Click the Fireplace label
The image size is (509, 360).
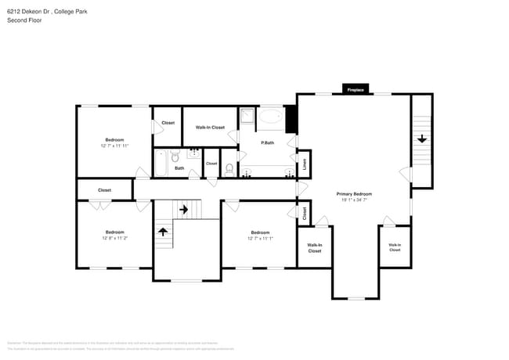356,90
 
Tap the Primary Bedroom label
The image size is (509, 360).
354,193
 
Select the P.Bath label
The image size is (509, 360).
268,142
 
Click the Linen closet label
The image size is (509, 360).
305,164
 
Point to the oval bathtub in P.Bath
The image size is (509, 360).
271,118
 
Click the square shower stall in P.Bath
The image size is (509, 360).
247,117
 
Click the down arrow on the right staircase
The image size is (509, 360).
422,139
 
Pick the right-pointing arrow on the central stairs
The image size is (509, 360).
185,209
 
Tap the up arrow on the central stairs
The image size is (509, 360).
164,231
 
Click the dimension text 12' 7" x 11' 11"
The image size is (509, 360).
114,146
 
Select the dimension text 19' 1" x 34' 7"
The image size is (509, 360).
354,200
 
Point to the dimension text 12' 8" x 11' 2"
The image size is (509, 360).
115,238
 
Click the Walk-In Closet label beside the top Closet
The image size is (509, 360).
210,128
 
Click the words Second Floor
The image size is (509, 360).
24,20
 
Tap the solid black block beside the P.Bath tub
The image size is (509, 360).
291,119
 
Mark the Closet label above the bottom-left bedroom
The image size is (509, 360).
104,190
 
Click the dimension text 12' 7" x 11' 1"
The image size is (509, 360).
260,238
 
